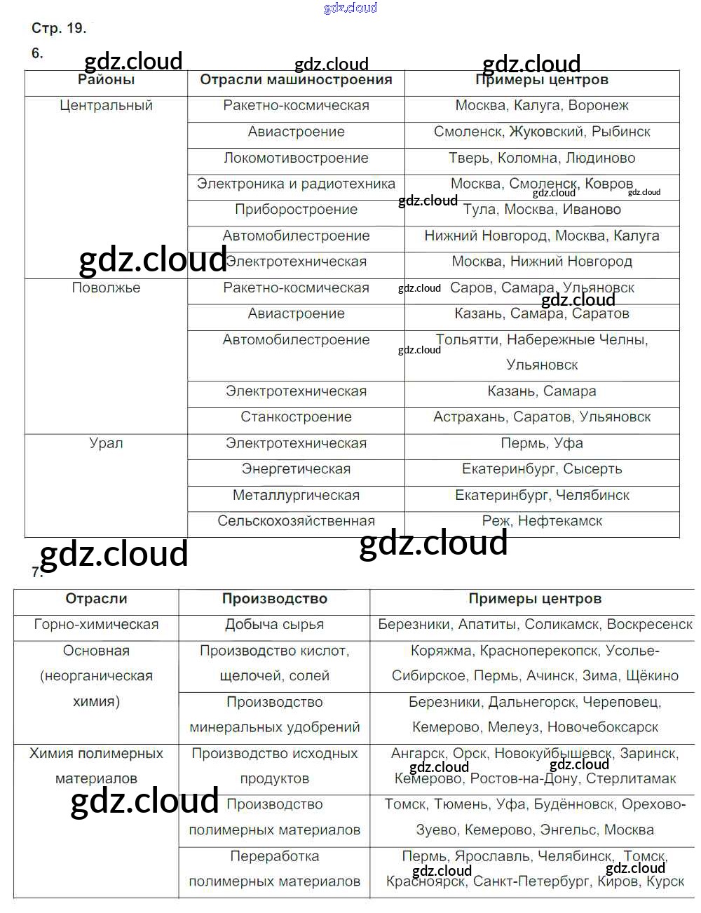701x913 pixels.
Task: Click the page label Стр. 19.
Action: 59,29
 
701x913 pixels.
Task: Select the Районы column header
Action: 106,80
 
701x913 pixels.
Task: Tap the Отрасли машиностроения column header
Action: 296,80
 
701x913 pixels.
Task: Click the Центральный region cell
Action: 106,106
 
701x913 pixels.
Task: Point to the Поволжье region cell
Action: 106,288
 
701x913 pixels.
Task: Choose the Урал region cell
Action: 106,443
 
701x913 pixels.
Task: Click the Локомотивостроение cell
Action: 296,158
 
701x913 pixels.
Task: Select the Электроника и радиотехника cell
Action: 296,184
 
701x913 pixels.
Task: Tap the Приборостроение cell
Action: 296,210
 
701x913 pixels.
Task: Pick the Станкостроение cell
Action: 296,417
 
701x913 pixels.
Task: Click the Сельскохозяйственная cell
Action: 296,521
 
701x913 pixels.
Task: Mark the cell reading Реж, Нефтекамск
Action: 542,521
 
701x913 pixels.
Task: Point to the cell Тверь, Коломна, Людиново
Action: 542,158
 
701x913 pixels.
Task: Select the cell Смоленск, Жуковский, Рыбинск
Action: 542,132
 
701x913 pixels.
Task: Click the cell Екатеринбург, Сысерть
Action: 542,469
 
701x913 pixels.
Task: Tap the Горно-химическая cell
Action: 96,625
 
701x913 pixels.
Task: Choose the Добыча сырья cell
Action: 274,625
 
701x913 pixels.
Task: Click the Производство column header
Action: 274,599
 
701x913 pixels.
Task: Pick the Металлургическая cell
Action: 296,495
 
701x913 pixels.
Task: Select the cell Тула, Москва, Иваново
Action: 542,210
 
